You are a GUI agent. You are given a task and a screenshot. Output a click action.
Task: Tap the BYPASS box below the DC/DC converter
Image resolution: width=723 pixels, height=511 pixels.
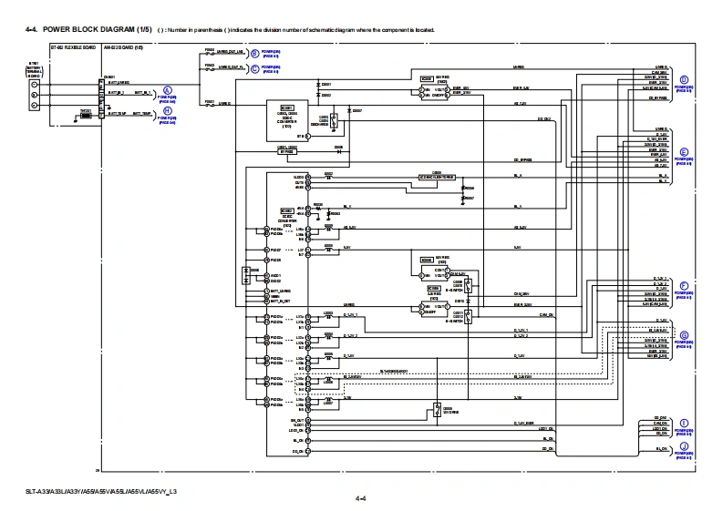pos(287,149)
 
